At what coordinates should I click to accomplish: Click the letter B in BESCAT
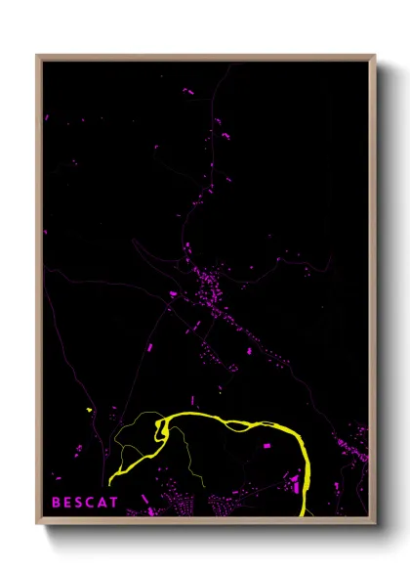point(56,503)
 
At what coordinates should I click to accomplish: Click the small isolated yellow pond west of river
point(89,410)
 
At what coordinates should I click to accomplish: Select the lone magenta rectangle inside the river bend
point(266,446)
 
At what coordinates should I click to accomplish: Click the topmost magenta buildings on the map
point(187,91)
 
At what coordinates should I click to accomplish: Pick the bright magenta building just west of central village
point(174,293)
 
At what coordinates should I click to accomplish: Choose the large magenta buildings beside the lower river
point(295,483)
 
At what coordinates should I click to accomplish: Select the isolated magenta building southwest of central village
point(151,348)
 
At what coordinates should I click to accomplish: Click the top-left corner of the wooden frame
point(37,56)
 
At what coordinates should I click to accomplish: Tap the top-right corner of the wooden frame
point(375,56)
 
